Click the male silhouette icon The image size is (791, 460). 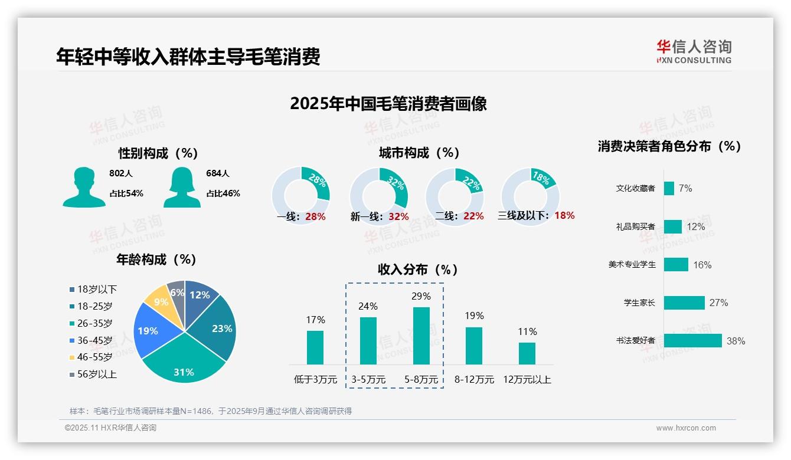pos(84,187)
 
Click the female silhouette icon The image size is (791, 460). pos(182,187)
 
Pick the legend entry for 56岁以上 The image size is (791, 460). pos(93,374)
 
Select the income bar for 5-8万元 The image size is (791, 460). pos(421,336)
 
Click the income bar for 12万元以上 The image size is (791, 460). pos(527,353)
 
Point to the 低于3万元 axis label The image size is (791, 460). pos(315,380)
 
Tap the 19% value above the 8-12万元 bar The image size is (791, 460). pos(473,316)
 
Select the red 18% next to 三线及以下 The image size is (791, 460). pos(564,215)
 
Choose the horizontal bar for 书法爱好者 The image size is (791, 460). pos(692,341)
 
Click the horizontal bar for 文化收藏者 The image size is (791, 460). pos(669,188)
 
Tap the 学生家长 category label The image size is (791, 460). pos(639,303)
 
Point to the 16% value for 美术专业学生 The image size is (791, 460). pos(702,265)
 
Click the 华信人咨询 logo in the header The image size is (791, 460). pos(694,51)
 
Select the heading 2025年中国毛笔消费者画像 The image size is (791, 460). pos(388,104)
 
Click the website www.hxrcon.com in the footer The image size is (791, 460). pos(685,428)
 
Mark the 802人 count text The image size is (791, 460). pos(120,173)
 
